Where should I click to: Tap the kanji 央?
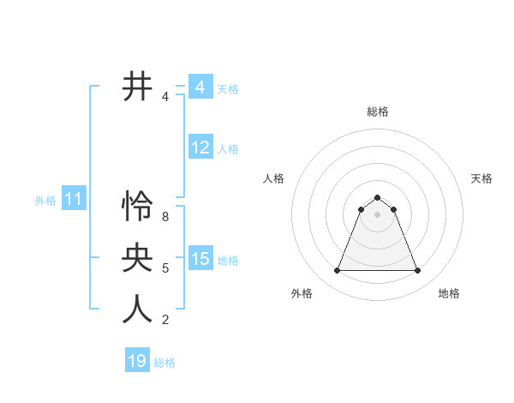(x=137, y=257)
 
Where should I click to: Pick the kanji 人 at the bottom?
(x=137, y=309)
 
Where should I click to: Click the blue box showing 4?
(x=200, y=87)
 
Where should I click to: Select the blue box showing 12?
(x=200, y=147)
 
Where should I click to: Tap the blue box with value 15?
(x=200, y=259)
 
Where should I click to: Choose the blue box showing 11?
(x=73, y=200)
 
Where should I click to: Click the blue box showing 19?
(x=137, y=361)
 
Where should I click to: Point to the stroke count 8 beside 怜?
(x=165, y=217)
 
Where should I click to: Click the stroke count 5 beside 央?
(x=165, y=268)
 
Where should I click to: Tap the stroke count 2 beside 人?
(x=165, y=320)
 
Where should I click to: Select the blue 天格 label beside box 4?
(x=228, y=88)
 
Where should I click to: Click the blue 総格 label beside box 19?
(x=164, y=363)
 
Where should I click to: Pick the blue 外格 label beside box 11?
(x=45, y=201)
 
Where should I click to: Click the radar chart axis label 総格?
(x=378, y=111)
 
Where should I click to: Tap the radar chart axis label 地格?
(x=449, y=293)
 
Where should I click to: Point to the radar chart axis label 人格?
(x=274, y=178)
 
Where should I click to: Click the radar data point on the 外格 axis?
(x=337, y=271)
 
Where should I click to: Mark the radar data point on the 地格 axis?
(x=418, y=271)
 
